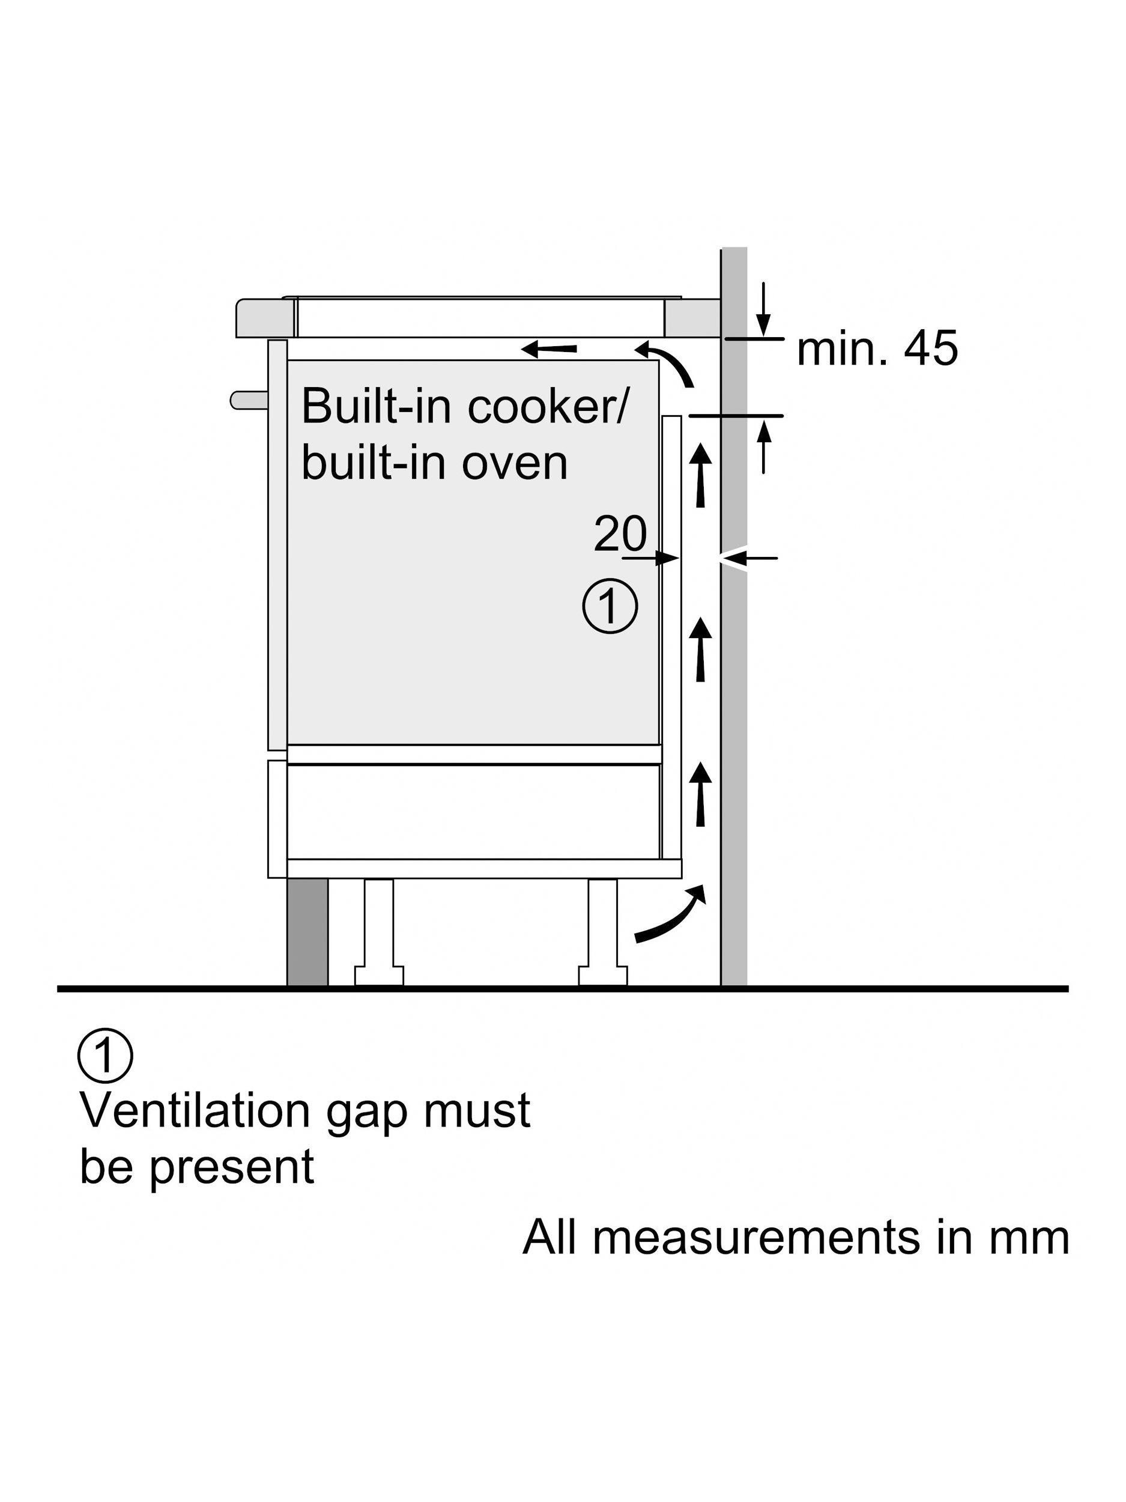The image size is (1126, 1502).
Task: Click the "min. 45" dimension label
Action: coord(876,349)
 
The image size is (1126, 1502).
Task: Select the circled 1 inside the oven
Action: coord(610,606)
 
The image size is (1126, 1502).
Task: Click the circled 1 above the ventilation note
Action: coord(106,1057)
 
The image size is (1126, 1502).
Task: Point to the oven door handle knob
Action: coord(249,400)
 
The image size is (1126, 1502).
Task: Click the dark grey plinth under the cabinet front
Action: coord(307,932)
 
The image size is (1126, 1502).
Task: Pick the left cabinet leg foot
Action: coord(379,975)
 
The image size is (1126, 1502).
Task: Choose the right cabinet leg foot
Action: coord(603,975)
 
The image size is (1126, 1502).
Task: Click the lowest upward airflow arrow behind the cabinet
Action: coord(701,792)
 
